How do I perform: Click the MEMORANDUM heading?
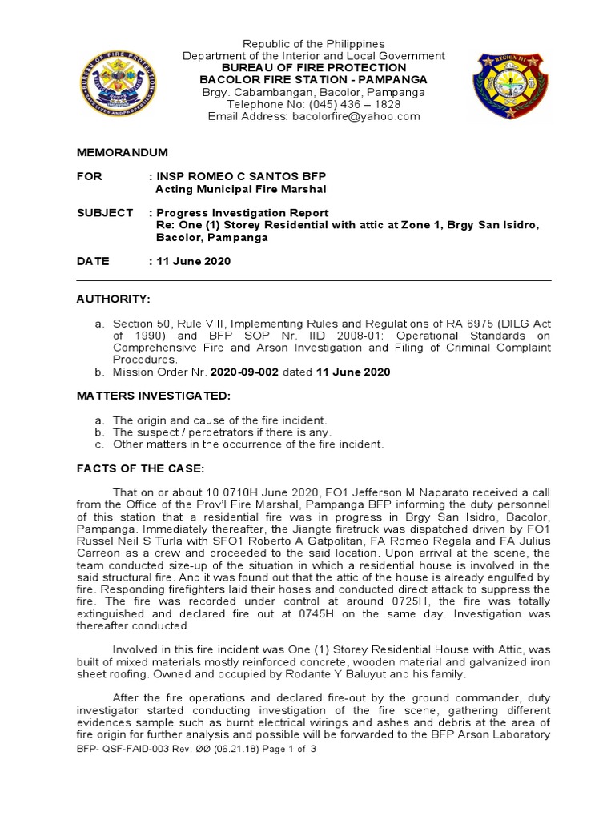coord(122,152)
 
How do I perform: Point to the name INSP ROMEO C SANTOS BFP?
coord(241,175)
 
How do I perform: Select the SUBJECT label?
coord(104,212)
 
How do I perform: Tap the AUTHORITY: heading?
coord(113,299)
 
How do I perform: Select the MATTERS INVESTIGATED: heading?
coord(153,396)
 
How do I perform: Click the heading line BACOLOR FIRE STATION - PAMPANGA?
coord(313,80)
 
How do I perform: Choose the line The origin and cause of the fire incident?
coord(220,420)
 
